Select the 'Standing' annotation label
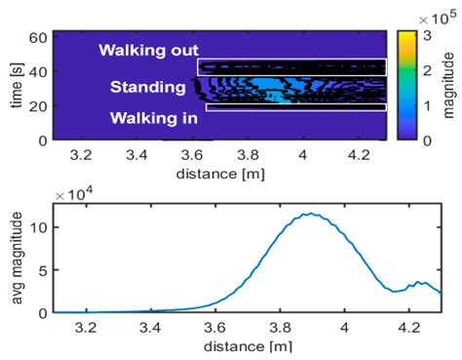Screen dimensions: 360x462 coord(147,88)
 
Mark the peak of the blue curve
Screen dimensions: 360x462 coord(311,214)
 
